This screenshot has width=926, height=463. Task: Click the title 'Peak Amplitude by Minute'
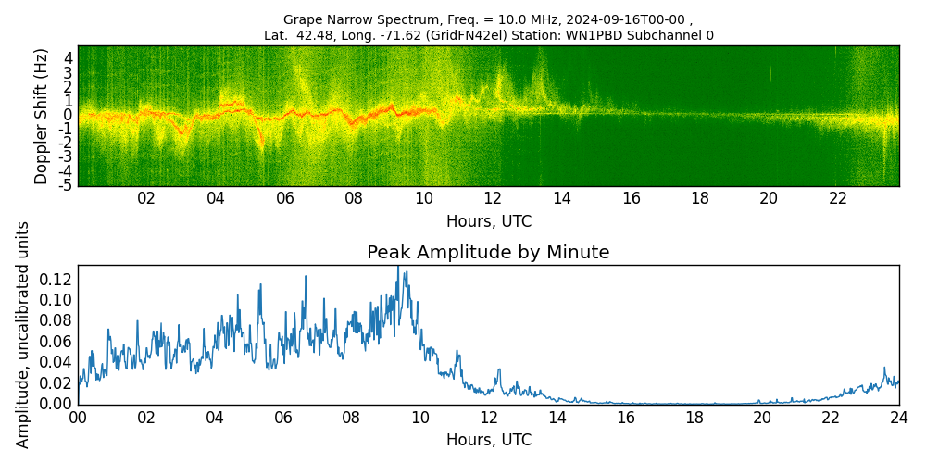(x=488, y=253)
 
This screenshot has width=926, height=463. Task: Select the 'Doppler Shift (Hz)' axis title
(x=42, y=117)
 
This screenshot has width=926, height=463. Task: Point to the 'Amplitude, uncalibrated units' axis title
(x=23, y=334)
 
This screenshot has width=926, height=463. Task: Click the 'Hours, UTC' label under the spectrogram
(x=488, y=221)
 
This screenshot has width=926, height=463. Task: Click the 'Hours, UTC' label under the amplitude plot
(x=488, y=440)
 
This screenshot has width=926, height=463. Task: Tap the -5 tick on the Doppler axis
(x=67, y=185)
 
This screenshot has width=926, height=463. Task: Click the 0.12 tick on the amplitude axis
(x=56, y=279)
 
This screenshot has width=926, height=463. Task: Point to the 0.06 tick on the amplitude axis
(x=56, y=342)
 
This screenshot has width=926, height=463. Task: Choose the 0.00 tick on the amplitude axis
(x=56, y=404)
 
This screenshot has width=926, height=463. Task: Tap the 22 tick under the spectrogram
(x=838, y=198)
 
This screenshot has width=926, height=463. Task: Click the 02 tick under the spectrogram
(x=146, y=198)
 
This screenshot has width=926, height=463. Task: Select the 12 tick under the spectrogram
(x=493, y=198)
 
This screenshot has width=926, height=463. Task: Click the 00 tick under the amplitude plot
(x=78, y=418)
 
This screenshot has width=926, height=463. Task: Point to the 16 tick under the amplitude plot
(x=625, y=418)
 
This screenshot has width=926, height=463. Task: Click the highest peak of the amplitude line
(x=398, y=267)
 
